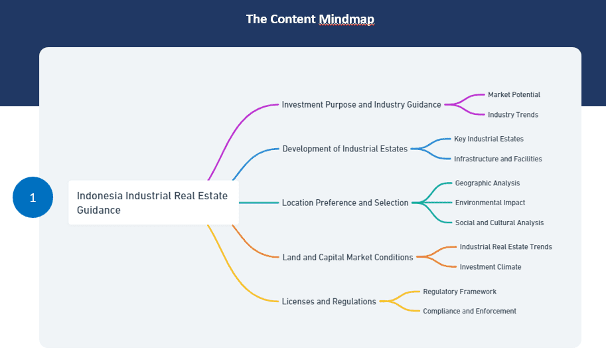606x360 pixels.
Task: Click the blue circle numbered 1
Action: pos(33,197)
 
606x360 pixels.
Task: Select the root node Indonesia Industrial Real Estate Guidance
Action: pos(153,203)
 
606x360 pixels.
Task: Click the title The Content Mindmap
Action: pos(310,19)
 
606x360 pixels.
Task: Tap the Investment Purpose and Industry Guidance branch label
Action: pos(361,105)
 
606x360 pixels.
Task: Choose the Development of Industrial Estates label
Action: pos(344,149)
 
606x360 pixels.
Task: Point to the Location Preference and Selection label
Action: pos(345,203)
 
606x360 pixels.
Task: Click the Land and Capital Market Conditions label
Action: pos(347,257)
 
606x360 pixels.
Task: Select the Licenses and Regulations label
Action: pos(329,302)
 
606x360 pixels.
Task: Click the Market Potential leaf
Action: pos(514,95)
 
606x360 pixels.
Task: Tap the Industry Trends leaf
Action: pos(513,115)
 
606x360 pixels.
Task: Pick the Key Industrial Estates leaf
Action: pos(489,139)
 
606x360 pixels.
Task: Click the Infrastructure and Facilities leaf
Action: pos(498,159)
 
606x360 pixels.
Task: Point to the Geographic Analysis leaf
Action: pos(487,183)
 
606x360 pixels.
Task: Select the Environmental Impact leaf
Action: pos(490,203)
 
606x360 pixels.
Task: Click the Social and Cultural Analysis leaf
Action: pos(499,223)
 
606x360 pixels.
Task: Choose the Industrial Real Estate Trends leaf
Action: pos(506,246)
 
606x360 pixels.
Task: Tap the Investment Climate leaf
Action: pos(491,267)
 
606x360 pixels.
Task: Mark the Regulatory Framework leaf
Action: pos(459,292)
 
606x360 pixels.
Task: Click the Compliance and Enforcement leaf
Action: pos(469,312)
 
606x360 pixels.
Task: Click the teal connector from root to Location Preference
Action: pos(259,203)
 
